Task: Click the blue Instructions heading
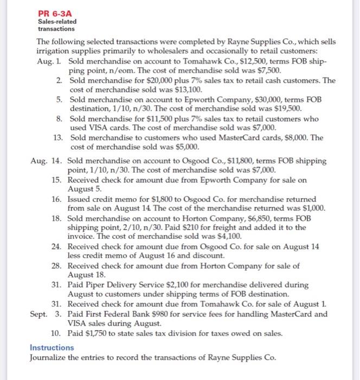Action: (x=52, y=347)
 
